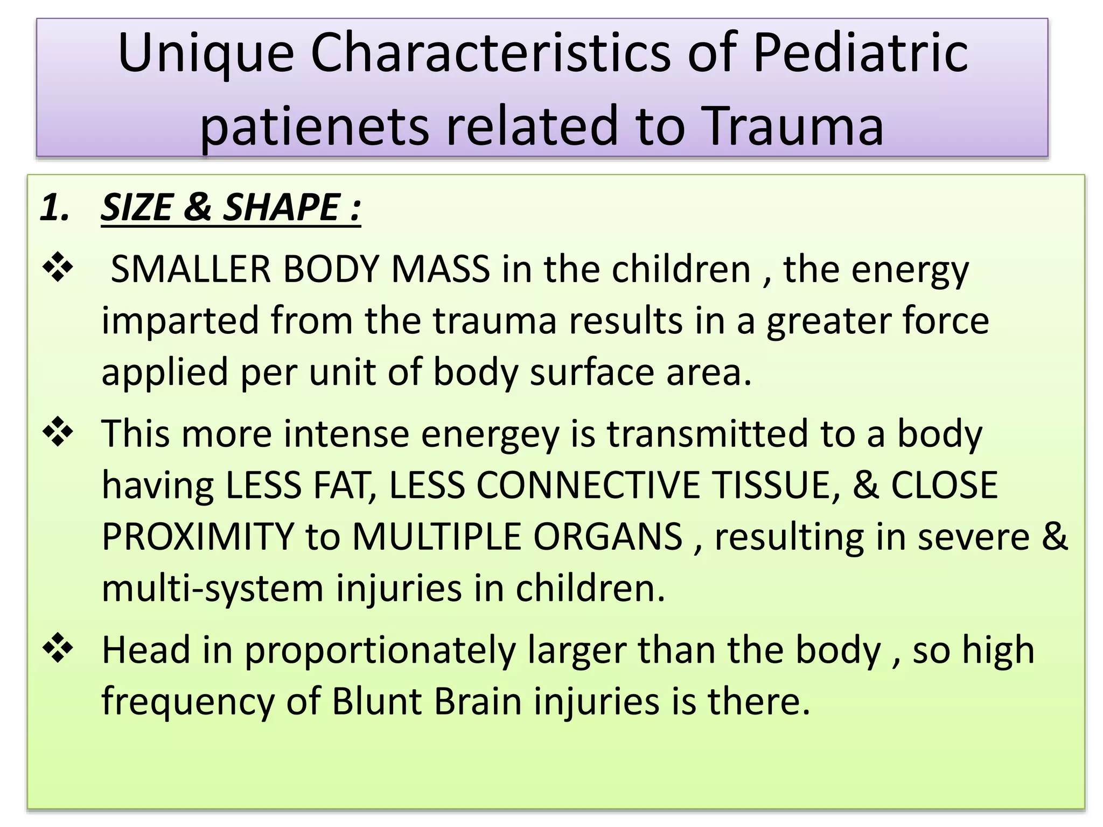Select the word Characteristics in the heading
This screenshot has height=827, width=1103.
coord(491,53)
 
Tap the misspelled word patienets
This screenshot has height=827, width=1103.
coord(314,127)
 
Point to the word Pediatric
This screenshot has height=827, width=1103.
coord(860,53)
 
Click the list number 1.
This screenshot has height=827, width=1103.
coord(54,207)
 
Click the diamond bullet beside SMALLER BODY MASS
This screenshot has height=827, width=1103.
coord(58,268)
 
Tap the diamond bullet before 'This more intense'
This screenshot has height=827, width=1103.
coord(58,432)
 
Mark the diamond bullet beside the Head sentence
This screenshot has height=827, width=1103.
coord(58,648)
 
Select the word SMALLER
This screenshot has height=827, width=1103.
coord(191,269)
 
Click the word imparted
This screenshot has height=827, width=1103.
coord(180,321)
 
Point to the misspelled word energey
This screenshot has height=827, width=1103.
coord(490,435)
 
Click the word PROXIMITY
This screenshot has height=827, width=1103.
coord(197,537)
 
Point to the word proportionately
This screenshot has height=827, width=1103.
coord(380,651)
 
